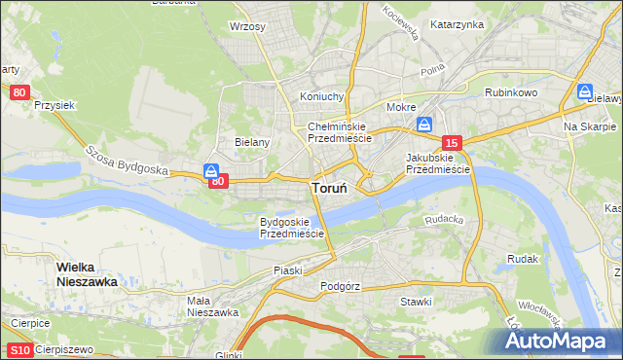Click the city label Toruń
point(333,188)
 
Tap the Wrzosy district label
point(247,26)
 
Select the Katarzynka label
point(457,24)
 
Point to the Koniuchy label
point(322,96)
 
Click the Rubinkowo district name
point(512,92)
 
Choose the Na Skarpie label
point(590,127)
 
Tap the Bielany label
point(251,142)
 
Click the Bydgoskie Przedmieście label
point(291,228)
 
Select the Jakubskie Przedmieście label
point(437,162)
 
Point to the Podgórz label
point(340,287)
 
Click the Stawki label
point(416,302)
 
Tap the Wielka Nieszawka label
point(87,273)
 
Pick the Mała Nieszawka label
point(212,306)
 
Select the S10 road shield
point(18,349)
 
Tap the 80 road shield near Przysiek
point(19,92)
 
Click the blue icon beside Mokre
point(424,125)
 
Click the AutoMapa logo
point(559,341)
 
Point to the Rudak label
point(523,259)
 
